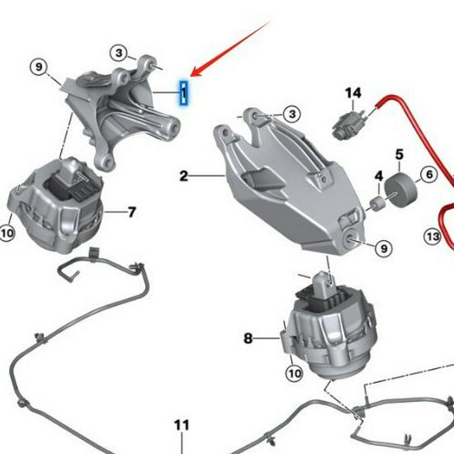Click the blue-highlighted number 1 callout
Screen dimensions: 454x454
click(186, 92)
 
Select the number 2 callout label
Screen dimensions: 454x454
click(183, 176)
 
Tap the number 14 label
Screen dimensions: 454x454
click(354, 94)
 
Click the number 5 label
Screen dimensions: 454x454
click(399, 154)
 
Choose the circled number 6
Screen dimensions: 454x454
click(428, 174)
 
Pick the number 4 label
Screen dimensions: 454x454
click(379, 177)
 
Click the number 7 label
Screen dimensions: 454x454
click(132, 212)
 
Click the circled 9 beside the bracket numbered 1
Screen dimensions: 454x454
click(38, 65)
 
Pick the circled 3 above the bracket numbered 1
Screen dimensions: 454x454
click(121, 54)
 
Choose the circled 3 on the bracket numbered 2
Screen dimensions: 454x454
click(292, 113)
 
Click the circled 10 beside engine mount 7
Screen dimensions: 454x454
click(7, 234)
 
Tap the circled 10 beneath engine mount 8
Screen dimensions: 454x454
click(294, 373)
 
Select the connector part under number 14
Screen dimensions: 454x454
click(345, 126)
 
